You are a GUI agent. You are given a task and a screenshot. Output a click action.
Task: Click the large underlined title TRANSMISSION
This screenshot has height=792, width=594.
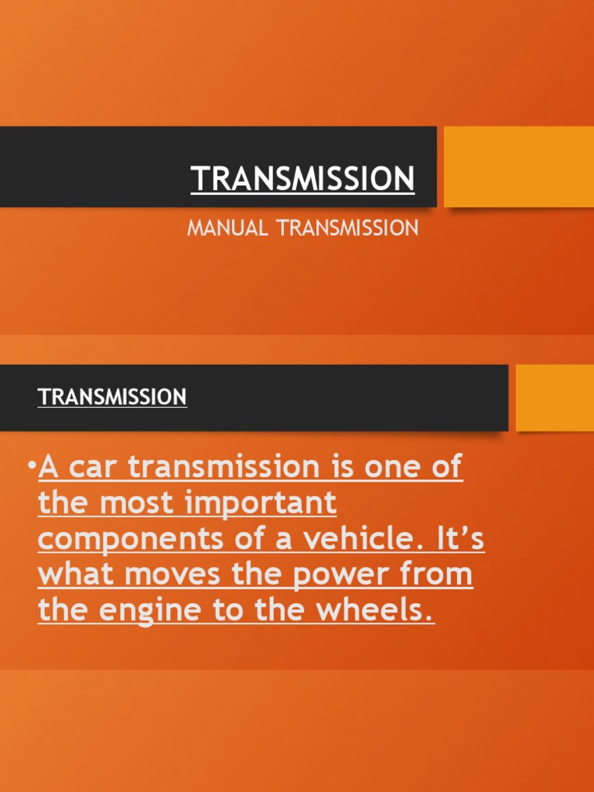pos(303,179)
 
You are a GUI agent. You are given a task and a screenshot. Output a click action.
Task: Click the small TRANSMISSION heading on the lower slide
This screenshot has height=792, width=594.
pos(112,397)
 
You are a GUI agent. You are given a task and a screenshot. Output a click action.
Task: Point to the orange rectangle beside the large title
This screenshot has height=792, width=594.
pos(518,166)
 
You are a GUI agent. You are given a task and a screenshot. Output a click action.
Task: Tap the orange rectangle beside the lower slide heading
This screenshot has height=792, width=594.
pos(555,398)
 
